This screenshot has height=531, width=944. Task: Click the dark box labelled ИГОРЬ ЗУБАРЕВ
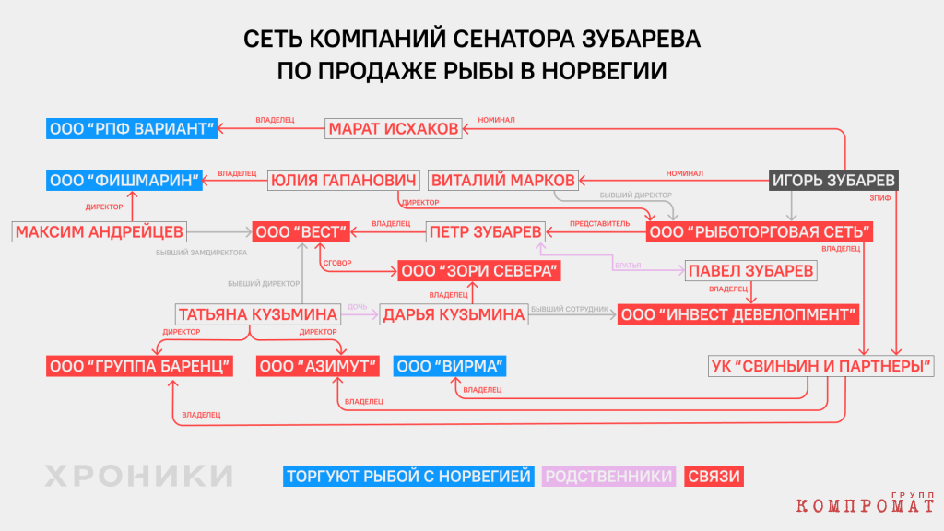tap(833, 180)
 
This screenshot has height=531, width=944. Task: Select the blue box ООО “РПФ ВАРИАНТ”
tap(132, 129)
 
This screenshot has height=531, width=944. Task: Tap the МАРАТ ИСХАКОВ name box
tap(393, 129)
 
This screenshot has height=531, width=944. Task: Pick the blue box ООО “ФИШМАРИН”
tap(124, 180)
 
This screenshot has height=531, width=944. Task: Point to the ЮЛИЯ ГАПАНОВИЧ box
tap(343, 180)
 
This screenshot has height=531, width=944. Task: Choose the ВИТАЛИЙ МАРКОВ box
tap(503, 180)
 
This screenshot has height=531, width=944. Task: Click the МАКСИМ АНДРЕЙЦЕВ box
tap(100, 231)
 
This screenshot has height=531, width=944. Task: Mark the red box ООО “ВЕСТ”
tap(301, 231)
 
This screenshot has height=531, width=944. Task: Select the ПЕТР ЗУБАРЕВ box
tap(485, 231)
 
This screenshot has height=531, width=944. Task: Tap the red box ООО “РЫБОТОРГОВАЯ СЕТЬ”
tap(760, 231)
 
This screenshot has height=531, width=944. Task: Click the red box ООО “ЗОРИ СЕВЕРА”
tap(479, 271)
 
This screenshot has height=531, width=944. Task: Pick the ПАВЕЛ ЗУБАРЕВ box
tap(750, 271)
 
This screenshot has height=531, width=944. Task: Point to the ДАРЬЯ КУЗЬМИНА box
tap(454, 314)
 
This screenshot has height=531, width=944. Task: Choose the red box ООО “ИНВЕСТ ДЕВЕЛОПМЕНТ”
tap(738, 314)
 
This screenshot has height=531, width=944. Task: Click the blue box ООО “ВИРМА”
tap(450, 366)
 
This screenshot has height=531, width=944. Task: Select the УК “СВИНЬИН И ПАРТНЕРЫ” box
tap(821, 366)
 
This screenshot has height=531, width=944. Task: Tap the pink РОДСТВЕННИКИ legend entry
tap(608, 477)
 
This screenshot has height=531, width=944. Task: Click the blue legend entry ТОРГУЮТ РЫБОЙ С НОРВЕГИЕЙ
tap(408, 477)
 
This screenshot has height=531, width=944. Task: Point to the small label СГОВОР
tap(337, 263)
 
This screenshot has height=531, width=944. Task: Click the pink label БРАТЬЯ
tap(628, 265)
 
